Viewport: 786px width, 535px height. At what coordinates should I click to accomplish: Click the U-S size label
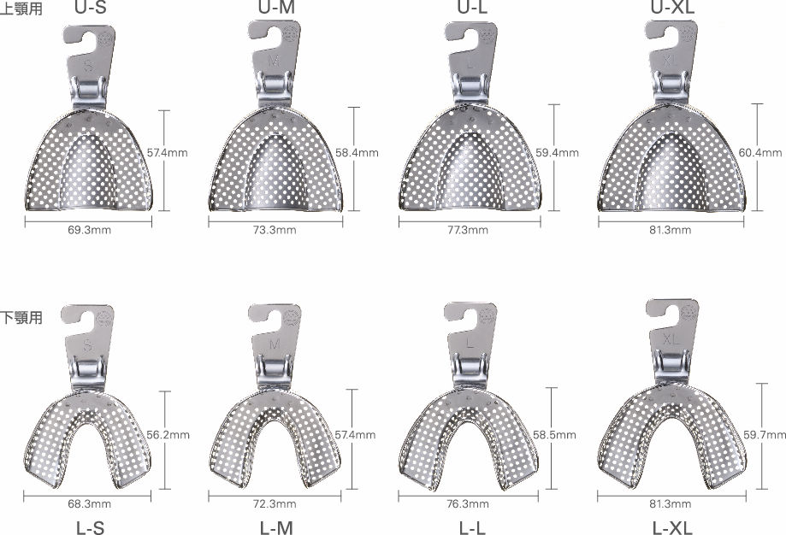coord(91,7)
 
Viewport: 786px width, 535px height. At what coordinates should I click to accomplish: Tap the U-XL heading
coord(673,7)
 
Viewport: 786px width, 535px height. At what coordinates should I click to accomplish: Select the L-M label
coord(276,527)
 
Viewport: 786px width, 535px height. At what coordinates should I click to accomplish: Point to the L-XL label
coord(672,527)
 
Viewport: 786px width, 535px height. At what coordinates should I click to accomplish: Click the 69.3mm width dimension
coord(89,230)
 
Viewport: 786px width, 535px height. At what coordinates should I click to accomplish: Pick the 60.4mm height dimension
coord(760,152)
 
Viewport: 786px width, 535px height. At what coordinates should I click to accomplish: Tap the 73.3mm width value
coord(275,230)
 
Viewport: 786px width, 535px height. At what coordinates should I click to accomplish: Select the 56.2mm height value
coord(168,435)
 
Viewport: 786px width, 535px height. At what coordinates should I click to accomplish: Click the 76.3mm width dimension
coord(468,503)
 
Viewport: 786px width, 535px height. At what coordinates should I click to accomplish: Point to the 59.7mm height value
coord(765,435)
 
